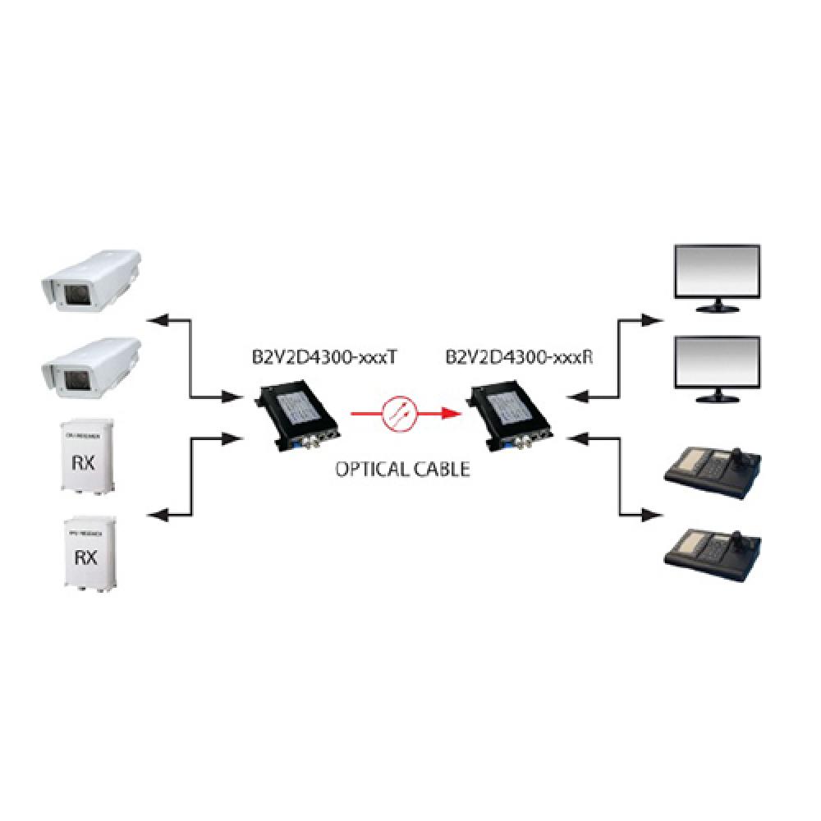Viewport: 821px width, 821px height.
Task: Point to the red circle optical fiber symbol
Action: pos(399,411)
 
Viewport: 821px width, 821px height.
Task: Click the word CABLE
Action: pos(440,470)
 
